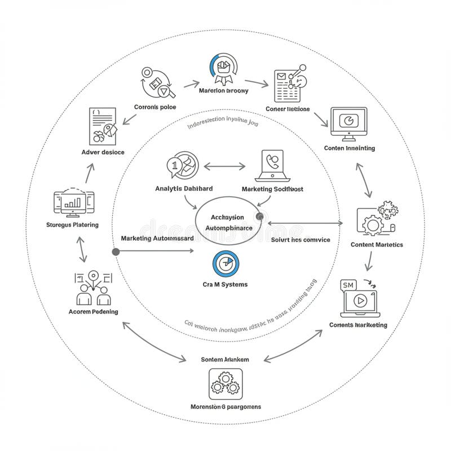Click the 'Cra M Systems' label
[x=225, y=284]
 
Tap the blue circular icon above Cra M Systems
[x=225, y=263]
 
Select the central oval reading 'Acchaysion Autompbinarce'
[x=228, y=222]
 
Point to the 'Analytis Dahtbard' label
[x=183, y=189]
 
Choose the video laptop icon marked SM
[x=359, y=299]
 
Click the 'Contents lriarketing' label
[x=359, y=325]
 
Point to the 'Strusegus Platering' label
[x=72, y=224]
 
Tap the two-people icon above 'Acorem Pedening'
[x=93, y=288]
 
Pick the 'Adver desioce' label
[x=103, y=152]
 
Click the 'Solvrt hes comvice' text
[x=300, y=240]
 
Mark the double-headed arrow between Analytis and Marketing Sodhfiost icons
[x=225, y=166]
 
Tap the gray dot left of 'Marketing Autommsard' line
[x=116, y=251]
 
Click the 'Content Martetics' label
[x=377, y=245]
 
